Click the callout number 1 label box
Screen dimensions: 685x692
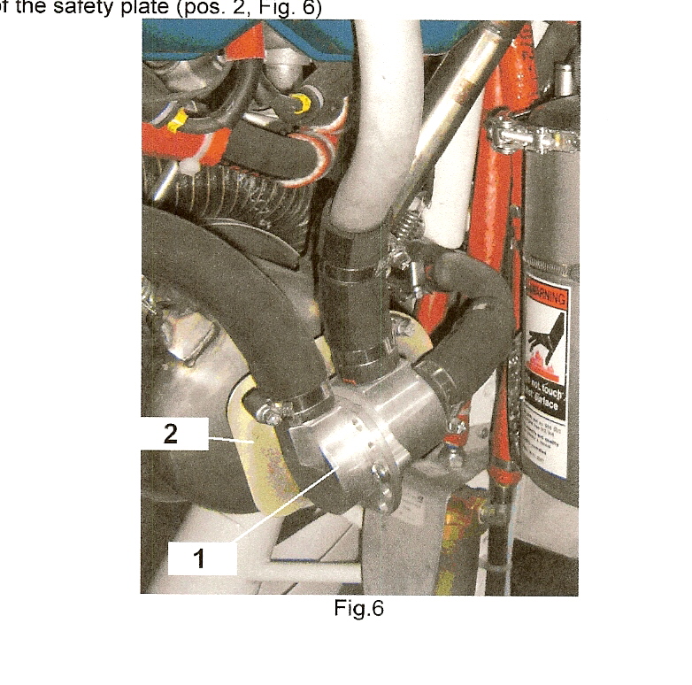click(x=202, y=559)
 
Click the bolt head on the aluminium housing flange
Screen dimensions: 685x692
click(x=380, y=470)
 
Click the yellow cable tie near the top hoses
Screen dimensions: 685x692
click(x=180, y=119)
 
